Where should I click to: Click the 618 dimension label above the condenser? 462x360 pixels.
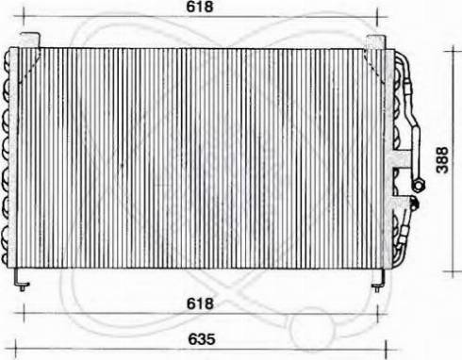tap(200, 7)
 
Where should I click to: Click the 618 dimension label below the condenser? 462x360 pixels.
tap(200, 303)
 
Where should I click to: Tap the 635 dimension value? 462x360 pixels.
tap(202, 339)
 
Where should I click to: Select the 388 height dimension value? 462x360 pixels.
tap(442, 159)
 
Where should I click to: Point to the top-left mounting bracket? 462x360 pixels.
tap(30, 41)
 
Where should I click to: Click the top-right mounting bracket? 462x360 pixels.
tap(376, 42)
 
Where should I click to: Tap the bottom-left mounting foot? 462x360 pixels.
tap(22, 280)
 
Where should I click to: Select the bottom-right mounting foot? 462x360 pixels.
tap(378, 281)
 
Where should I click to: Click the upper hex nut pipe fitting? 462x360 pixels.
tap(418, 185)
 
